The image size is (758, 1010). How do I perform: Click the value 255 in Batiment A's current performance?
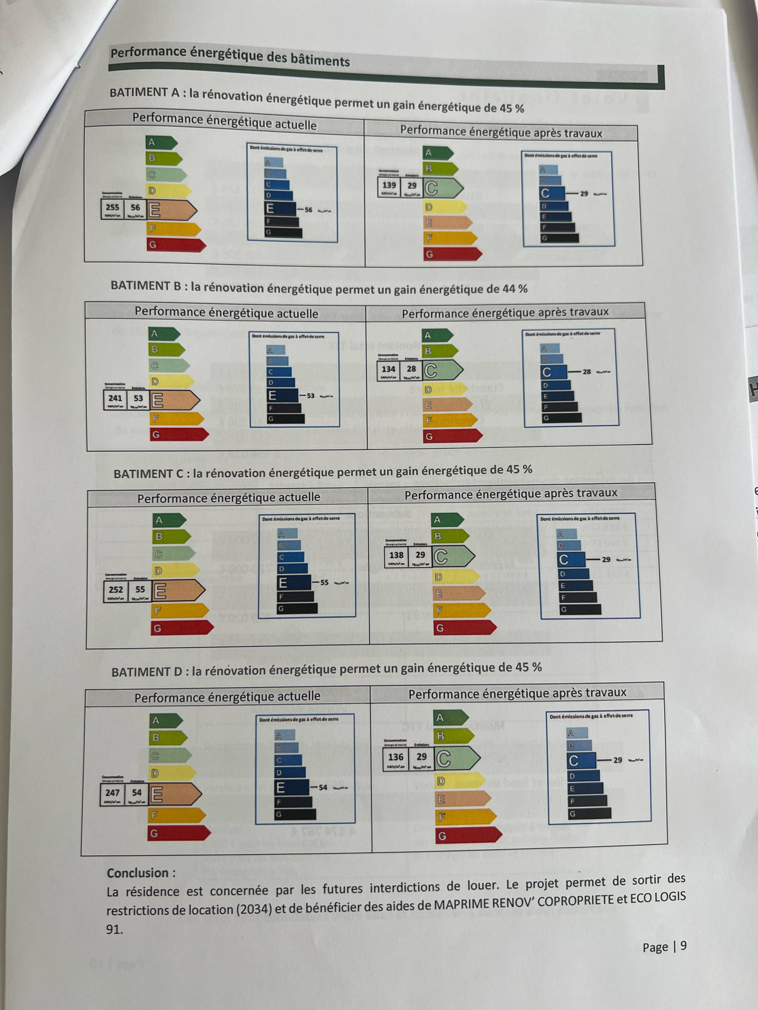(112, 207)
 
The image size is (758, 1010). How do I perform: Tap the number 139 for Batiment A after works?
(389, 185)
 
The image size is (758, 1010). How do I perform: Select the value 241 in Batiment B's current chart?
(115, 398)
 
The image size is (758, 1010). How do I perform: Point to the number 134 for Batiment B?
(388, 368)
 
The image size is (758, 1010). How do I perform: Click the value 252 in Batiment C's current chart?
(116, 589)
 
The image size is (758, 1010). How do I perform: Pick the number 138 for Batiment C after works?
(396, 554)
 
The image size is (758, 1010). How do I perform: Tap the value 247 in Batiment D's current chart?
(112, 792)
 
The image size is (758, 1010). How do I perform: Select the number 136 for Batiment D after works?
(396, 757)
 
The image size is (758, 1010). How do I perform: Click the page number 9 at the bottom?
(683, 946)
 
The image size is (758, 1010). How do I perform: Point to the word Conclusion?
(138, 873)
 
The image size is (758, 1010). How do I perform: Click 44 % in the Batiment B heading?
(515, 289)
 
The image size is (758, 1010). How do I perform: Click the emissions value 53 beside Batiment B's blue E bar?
(310, 395)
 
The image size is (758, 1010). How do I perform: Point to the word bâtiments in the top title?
(320, 60)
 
